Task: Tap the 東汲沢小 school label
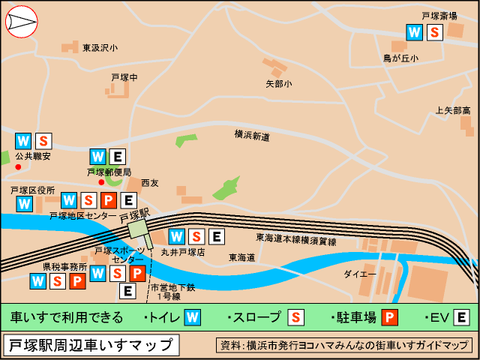click(100, 48)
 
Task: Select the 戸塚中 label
click(124, 77)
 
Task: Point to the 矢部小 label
click(279, 84)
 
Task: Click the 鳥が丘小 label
click(401, 58)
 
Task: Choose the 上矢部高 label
click(453, 111)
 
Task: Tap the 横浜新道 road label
click(252, 136)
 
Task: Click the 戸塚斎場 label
click(440, 15)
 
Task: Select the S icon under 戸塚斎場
click(434, 32)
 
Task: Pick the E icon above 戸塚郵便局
click(116, 157)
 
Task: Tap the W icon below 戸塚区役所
click(24, 203)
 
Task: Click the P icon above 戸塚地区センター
click(108, 200)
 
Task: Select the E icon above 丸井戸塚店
click(216, 237)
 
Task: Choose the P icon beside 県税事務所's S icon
click(77, 281)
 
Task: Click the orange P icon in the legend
click(388, 317)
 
